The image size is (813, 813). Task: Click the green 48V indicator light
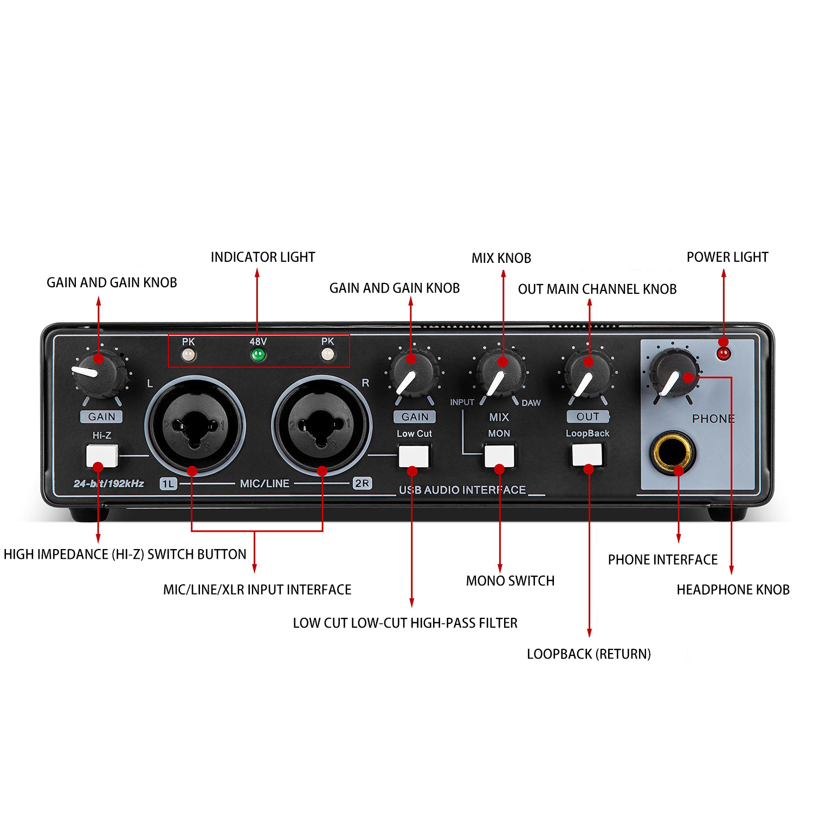pos(258,356)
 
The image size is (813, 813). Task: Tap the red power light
pos(724,354)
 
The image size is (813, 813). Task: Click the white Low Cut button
pos(414,456)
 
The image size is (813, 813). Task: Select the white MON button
pos(499,455)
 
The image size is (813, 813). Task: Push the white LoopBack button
pos(588,455)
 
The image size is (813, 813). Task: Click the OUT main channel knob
pos(588,374)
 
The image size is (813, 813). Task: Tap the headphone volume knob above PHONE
pos(674,373)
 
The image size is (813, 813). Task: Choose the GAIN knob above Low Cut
pos(414,374)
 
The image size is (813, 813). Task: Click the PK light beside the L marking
pos(188,355)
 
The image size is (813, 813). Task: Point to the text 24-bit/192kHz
pos(109,483)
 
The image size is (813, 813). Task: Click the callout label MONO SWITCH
pos(510,581)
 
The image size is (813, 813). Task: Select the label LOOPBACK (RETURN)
pos(589,654)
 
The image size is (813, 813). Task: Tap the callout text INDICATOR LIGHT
pos(263,257)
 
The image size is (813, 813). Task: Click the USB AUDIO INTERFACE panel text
pos(462,490)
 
